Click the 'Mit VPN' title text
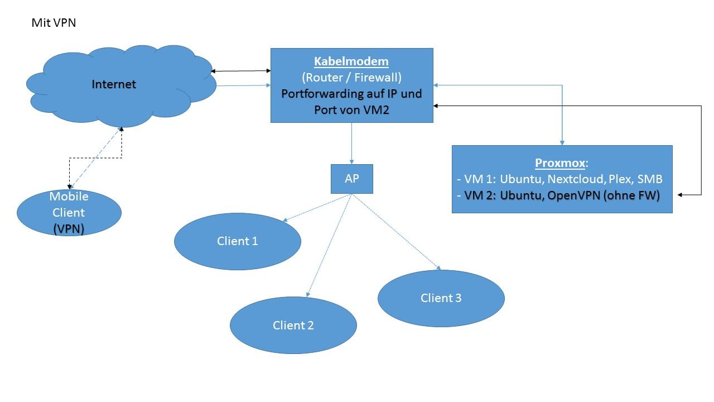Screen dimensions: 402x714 (54, 23)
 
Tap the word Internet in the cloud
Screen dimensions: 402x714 (114, 84)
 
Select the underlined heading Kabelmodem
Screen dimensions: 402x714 (351, 61)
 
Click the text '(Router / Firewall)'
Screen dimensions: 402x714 (351, 77)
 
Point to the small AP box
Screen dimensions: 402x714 (352, 179)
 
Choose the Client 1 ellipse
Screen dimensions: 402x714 (237, 241)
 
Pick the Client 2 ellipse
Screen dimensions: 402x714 (293, 325)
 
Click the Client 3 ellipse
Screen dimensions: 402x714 (441, 298)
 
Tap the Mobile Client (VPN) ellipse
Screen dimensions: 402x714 (69, 213)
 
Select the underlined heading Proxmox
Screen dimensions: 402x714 (561, 163)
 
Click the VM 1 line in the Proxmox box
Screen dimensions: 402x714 (559, 179)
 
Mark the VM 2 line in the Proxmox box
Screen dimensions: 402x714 (558, 195)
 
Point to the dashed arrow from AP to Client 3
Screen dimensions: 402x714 (396, 232)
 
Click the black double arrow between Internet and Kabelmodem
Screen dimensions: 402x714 (240, 71)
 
